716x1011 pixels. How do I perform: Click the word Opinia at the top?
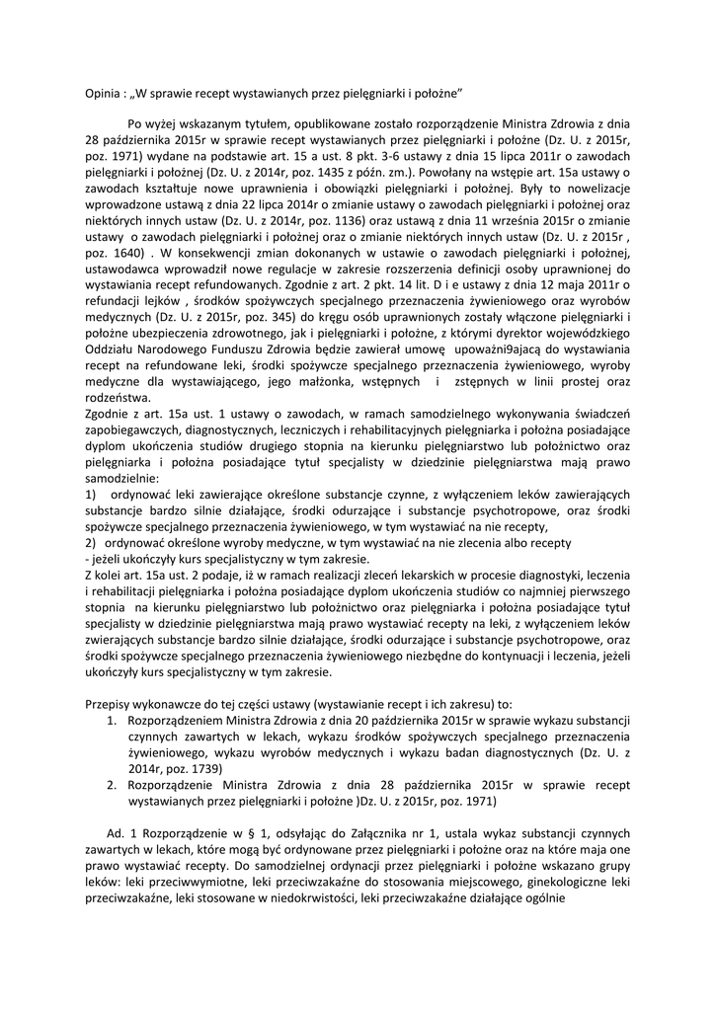coord(103,91)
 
